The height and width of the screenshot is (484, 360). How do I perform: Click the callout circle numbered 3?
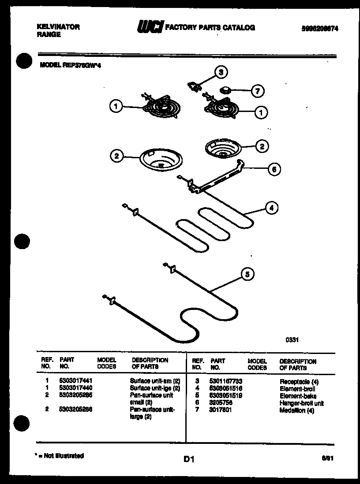pos(222,72)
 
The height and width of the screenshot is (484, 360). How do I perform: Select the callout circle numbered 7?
pos(257,92)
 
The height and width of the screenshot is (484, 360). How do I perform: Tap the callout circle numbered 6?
pos(274,169)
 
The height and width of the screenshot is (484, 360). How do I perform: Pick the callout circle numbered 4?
pos(273,208)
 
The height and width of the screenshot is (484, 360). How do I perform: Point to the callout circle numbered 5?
pos(247,274)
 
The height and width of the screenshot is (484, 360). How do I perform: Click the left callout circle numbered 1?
pos(116,106)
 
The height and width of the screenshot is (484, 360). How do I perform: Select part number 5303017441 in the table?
pos(75,380)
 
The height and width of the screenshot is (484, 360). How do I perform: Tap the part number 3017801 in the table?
pos(221,410)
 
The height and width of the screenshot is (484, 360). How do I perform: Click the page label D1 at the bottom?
pos(189,460)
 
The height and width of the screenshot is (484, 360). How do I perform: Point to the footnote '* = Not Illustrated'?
pos(60,456)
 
